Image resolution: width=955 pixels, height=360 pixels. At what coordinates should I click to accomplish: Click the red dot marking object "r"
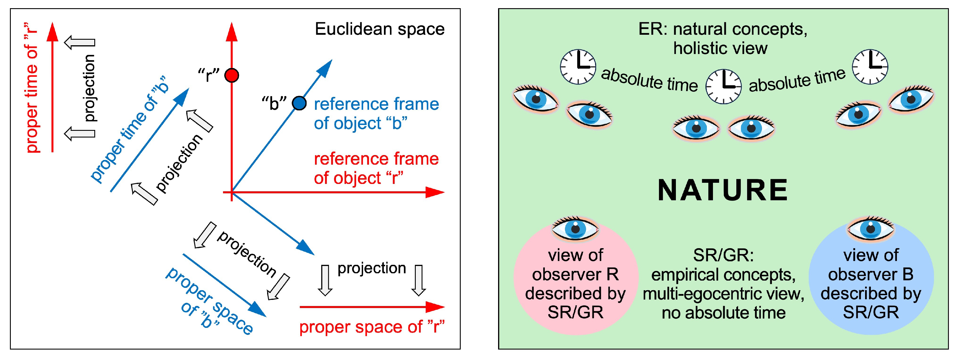(232, 76)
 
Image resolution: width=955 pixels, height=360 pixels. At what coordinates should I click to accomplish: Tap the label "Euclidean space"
(379, 29)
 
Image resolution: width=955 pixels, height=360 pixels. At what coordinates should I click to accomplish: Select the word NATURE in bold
(723, 190)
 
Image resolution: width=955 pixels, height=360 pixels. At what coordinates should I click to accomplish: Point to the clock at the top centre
(723, 86)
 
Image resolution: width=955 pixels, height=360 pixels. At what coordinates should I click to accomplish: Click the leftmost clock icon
(577, 67)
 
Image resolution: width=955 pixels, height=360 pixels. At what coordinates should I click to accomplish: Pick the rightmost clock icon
(870, 67)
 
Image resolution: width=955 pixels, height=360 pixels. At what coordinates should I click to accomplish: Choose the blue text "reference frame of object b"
(376, 114)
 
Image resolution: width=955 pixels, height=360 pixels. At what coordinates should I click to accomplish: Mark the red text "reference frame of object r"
(376, 168)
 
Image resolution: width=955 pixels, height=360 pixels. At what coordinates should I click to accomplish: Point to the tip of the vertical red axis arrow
(232, 25)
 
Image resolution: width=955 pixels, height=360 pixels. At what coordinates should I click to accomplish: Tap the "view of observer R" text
(575, 265)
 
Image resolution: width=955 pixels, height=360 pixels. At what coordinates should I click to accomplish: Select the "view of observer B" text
(870, 265)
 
